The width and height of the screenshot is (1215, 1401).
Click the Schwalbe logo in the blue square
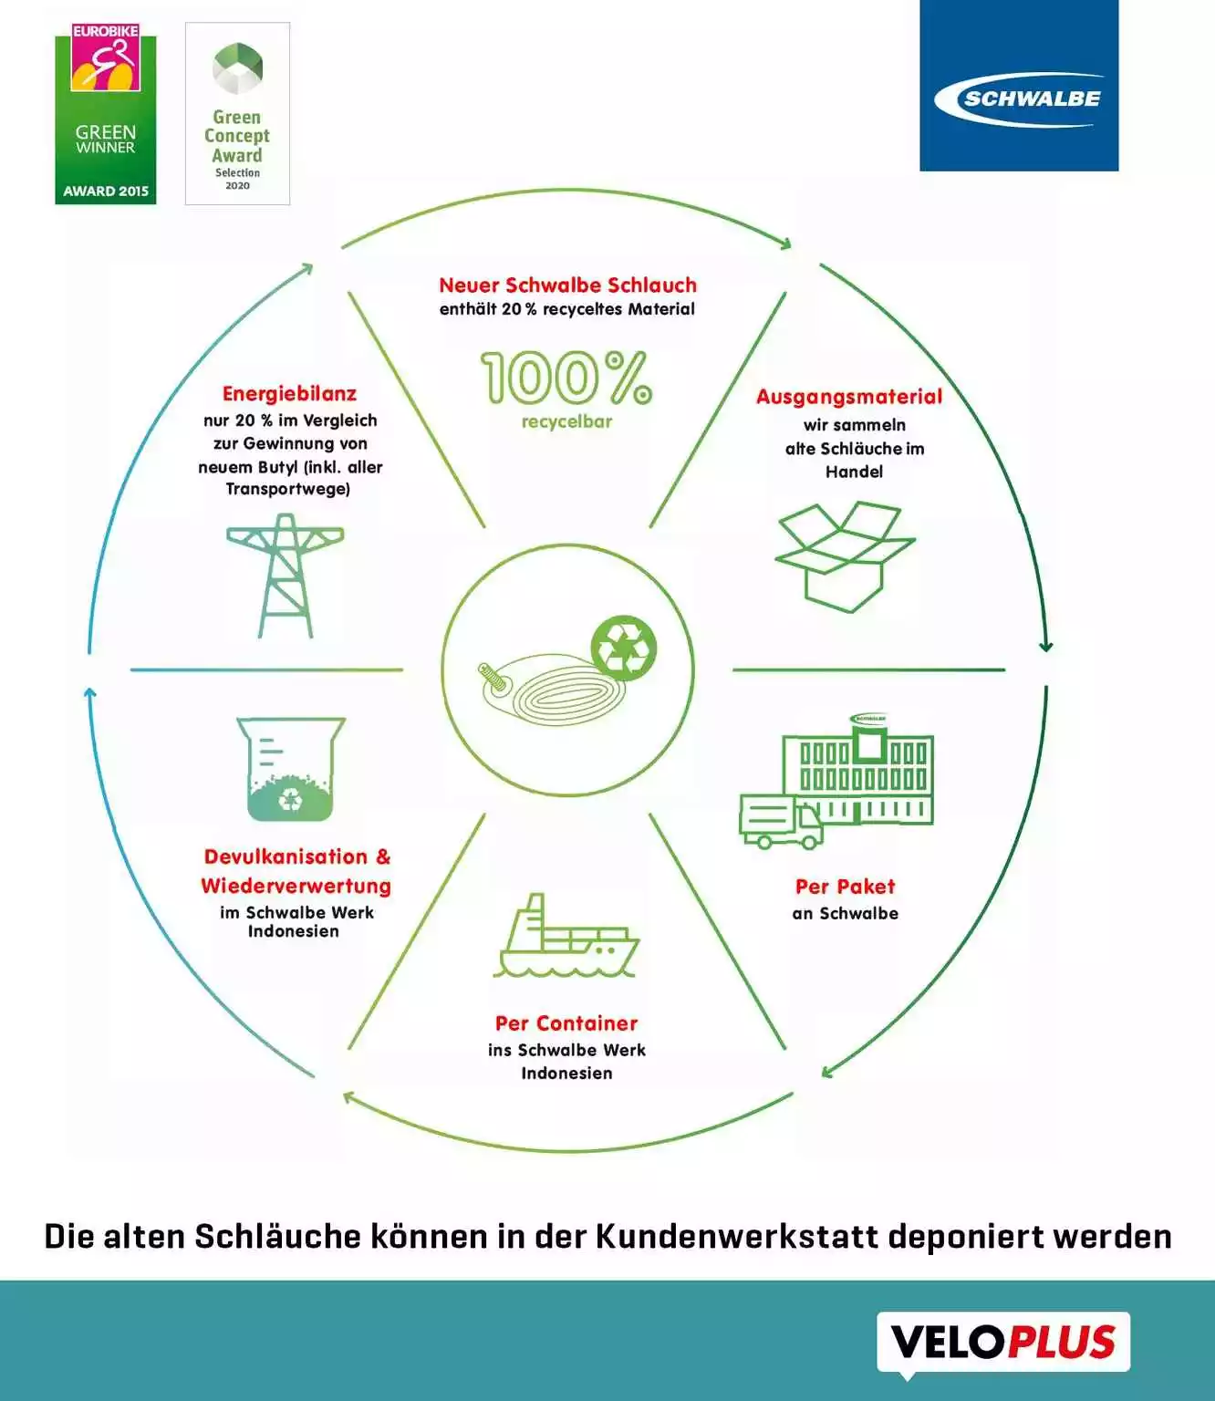coord(1019,98)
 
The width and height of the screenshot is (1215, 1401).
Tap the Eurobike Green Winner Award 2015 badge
coord(106,115)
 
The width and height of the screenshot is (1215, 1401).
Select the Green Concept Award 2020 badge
coord(237,114)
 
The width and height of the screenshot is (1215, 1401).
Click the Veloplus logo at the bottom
coord(1003,1342)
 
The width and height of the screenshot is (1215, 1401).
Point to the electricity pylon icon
coord(286,576)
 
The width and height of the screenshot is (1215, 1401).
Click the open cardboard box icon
coord(845,555)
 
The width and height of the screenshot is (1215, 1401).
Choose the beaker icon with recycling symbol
coord(291,769)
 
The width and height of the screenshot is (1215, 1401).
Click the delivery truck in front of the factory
coord(781,821)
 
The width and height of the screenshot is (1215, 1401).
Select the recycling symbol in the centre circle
coord(624,647)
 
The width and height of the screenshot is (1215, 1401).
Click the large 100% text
coord(566,378)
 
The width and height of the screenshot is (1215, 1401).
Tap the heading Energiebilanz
coord(289,394)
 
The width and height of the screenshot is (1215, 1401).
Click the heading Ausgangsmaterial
coord(849,397)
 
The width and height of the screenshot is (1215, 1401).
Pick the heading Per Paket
coord(845,887)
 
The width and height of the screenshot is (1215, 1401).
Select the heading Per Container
coord(566,1023)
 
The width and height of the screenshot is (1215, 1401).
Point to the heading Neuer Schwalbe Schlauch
coord(567,285)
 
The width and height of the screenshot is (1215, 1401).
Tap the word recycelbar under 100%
coord(566,422)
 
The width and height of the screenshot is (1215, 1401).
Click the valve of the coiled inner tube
coord(493,680)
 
